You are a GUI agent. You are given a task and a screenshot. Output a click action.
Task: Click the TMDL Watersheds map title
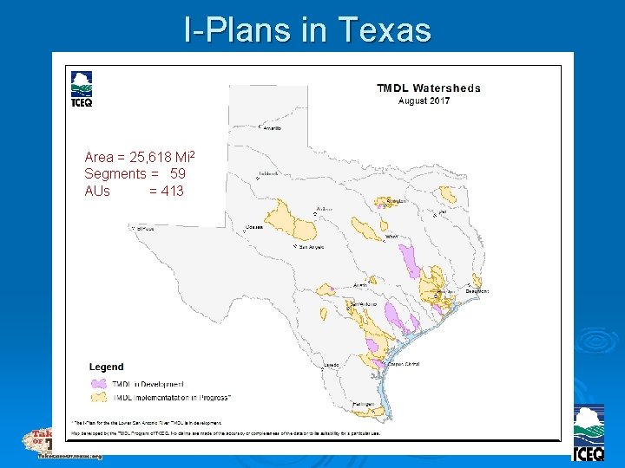(x=428, y=88)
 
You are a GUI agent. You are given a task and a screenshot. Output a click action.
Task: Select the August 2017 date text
(x=424, y=101)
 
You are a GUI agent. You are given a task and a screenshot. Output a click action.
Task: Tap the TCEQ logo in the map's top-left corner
(x=82, y=89)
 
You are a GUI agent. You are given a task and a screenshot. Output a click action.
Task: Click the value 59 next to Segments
(x=177, y=174)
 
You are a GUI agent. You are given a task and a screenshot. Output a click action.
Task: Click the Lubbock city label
(x=268, y=173)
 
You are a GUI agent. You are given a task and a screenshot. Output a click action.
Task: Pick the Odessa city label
(x=254, y=227)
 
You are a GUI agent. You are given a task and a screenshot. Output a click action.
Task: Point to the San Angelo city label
(x=311, y=247)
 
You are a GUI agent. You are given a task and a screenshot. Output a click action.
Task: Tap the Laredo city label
(x=332, y=366)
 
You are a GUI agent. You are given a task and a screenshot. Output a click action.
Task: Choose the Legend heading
(x=106, y=367)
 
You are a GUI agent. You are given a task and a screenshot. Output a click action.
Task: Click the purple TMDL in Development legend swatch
(x=97, y=383)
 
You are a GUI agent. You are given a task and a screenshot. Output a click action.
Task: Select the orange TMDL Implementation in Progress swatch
(x=97, y=397)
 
